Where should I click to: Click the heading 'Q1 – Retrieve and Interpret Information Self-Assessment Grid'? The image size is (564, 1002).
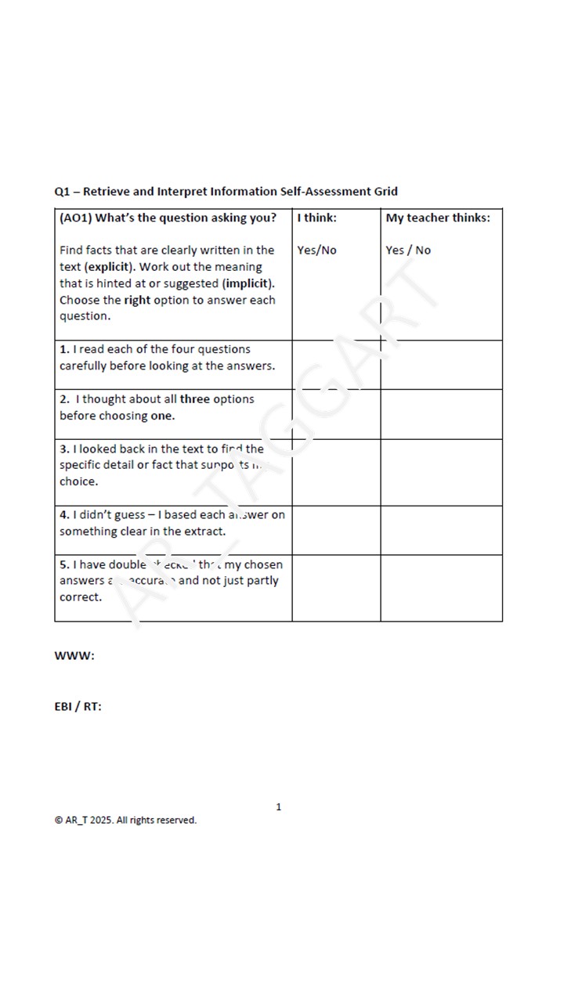click(226, 192)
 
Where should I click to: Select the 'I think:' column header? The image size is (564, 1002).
click(316, 218)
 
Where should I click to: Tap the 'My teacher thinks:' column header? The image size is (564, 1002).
click(438, 218)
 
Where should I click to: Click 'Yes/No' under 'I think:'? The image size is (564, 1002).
click(316, 250)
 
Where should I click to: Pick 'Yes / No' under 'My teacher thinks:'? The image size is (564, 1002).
click(408, 250)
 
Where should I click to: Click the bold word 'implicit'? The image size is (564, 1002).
click(248, 283)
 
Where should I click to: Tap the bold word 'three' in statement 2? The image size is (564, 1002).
click(195, 399)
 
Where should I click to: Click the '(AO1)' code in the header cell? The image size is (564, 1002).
click(75, 218)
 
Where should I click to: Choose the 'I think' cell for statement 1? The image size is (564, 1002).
click(336, 365)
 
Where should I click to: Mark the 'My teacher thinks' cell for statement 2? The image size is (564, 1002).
click(441, 414)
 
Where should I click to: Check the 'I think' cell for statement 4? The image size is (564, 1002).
click(336, 530)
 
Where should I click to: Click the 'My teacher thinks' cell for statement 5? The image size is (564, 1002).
click(441, 588)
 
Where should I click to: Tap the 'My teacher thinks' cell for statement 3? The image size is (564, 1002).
click(441, 472)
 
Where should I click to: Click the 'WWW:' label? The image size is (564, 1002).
click(74, 656)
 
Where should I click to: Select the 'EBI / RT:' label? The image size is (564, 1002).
click(78, 706)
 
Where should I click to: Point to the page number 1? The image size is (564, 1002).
click(279, 807)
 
